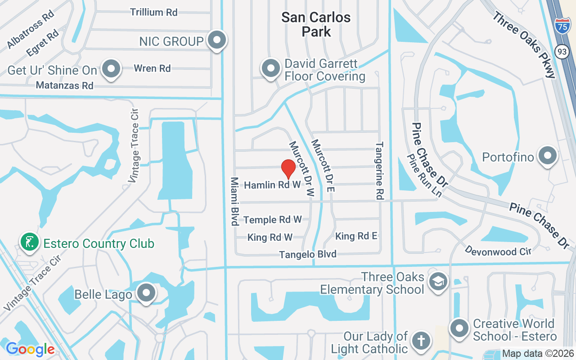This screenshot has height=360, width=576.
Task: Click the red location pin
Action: pos(288,169)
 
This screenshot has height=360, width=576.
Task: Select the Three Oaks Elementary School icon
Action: pos(437,282)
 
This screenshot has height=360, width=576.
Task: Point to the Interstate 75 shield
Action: pos(561,25)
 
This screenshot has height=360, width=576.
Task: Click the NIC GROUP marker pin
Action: pos(217,40)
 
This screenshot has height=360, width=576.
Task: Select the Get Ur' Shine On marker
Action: pos(111,69)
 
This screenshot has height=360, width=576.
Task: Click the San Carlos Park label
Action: pos(316,24)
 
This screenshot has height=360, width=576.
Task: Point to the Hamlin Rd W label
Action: pos(272,185)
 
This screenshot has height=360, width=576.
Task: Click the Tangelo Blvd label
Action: pos(308,255)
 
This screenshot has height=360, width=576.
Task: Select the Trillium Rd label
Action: pos(154,12)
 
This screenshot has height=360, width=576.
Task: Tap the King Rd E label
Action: pos(356,236)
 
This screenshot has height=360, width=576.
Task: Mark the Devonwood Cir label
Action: pos(498,251)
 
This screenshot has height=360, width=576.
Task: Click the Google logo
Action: pos(30,349)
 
